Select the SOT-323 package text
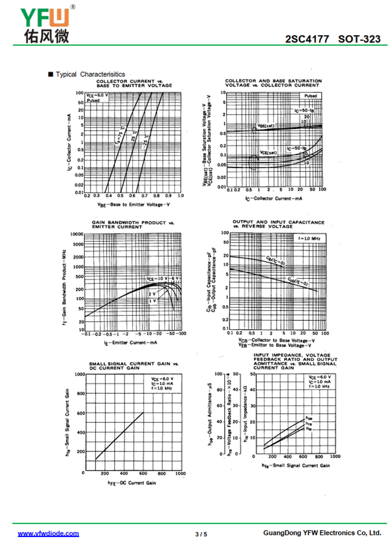pos(359,39)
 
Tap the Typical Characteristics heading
pos(90,74)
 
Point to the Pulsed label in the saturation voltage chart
pos(311,96)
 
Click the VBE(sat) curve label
pos(266,126)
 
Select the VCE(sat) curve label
pos(268,152)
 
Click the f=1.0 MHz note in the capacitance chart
pos(309,238)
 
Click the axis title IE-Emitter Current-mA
pos(130,343)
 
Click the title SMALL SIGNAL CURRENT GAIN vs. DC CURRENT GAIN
pos(134,366)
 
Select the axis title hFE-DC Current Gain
pos(132,483)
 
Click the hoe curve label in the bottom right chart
pos(309,418)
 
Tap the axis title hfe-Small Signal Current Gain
pos(295,466)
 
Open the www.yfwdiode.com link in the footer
pos(48,533)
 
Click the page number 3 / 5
pos(201,534)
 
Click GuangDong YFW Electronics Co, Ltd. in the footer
pos(322,533)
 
